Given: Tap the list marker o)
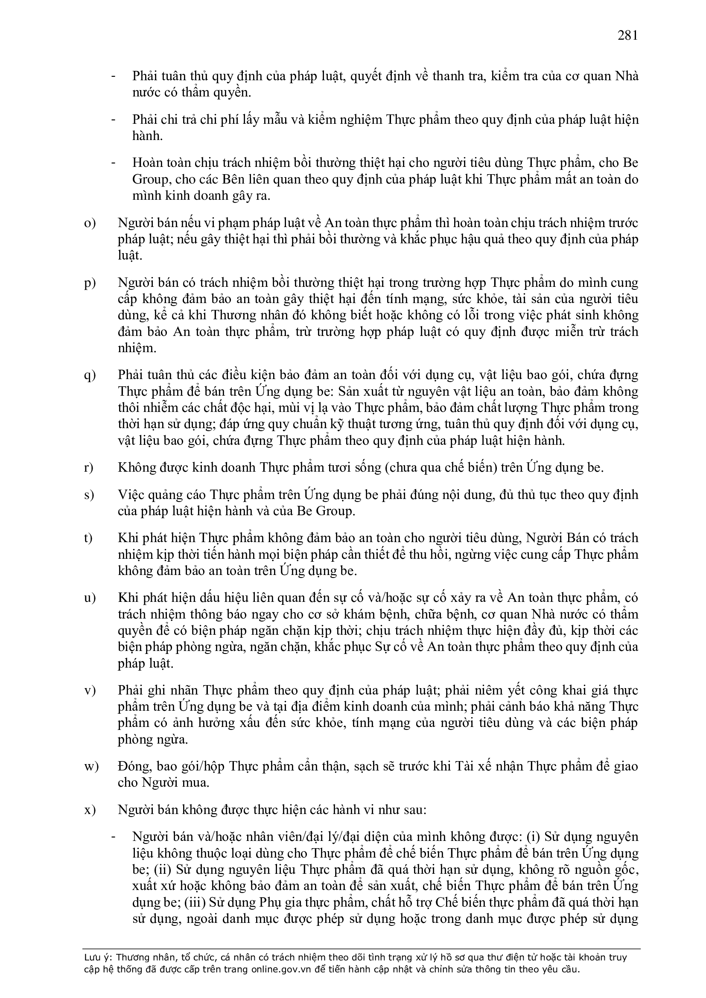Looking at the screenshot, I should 90,223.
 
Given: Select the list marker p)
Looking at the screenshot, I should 90,283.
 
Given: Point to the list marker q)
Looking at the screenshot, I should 90,376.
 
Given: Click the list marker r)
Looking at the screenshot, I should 89,468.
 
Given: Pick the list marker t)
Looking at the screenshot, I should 89,538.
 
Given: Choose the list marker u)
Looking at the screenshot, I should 90,598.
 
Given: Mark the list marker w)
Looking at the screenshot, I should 91,766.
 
